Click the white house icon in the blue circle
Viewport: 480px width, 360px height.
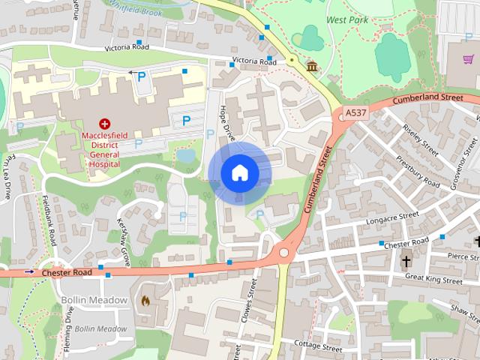pyautogui.click(x=239, y=173)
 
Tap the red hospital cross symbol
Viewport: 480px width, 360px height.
pyautogui.click(x=105, y=122)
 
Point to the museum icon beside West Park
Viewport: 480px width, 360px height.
pyautogui.click(x=310, y=67)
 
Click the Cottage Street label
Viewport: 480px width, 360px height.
pyautogui.click(x=318, y=346)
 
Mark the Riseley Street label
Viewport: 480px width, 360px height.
pyautogui.click(x=430, y=142)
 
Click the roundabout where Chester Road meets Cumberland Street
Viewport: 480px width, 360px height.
pyautogui.click(x=283, y=253)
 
